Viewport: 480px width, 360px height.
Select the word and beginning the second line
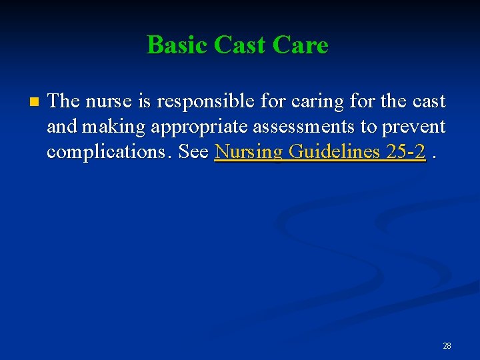click(x=61, y=127)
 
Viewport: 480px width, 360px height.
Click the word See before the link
click(x=193, y=152)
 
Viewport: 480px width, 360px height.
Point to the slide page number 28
click(x=447, y=345)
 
